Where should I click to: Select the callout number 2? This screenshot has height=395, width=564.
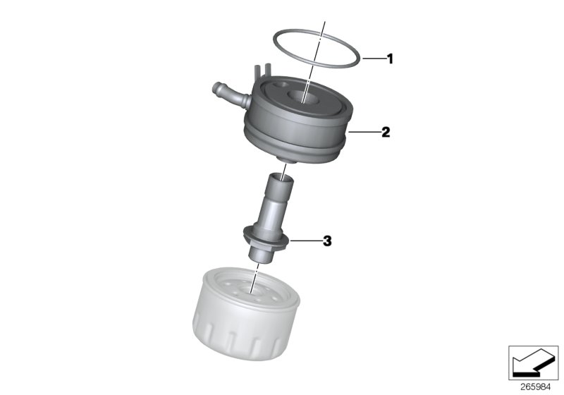coord(386,132)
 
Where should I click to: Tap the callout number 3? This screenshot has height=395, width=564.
coord(326,241)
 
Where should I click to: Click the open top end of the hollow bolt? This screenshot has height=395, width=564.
coord(279,181)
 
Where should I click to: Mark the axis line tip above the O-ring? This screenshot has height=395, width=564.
coord(324,23)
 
